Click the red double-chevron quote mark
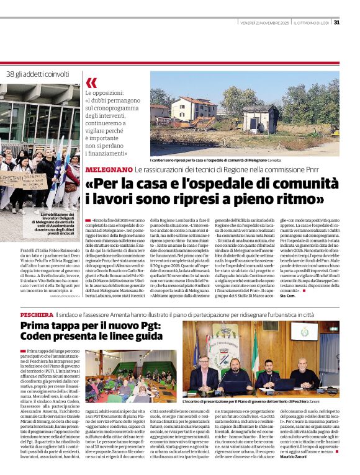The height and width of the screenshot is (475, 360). click(91, 83)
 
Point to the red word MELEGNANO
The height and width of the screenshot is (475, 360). click(108, 169)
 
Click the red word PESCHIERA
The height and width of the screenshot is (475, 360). click(36, 315)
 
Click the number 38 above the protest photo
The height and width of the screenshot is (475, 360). click(11, 74)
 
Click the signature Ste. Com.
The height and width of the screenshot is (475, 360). click(289, 296)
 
